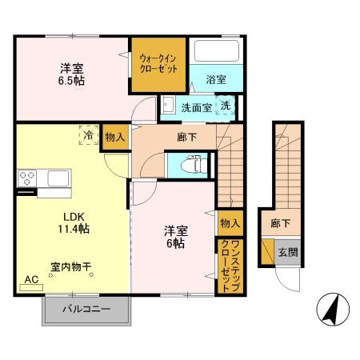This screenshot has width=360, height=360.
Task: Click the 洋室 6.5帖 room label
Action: (x=72, y=74)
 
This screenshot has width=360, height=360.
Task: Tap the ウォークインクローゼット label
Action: (x=160, y=64)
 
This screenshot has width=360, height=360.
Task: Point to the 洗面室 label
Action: (x=196, y=106)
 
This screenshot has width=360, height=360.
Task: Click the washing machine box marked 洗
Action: (x=226, y=106)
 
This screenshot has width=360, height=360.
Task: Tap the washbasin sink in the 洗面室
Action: (x=170, y=105)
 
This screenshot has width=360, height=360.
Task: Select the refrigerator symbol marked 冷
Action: (x=87, y=137)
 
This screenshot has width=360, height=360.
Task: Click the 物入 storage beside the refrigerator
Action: (x=114, y=138)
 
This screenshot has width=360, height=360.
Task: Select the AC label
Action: (x=31, y=279)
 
